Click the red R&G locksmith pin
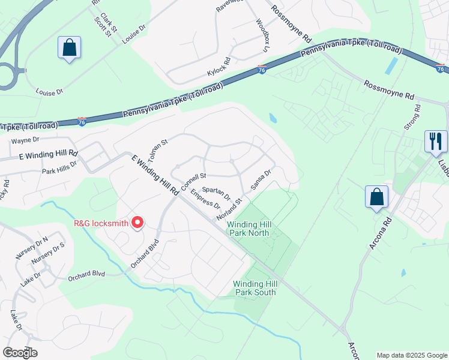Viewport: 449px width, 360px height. click(x=137, y=223)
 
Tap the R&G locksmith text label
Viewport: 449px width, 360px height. click(x=101, y=223)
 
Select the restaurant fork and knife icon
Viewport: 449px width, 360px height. click(x=436, y=142)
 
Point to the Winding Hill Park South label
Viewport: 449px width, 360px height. click(x=255, y=288)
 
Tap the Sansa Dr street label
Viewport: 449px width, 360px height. click(x=262, y=179)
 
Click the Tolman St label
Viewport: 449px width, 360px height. click(x=157, y=151)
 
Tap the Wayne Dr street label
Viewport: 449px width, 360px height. click(x=25, y=140)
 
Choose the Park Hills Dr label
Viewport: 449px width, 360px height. click(x=59, y=167)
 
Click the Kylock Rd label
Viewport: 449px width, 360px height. click(x=219, y=67)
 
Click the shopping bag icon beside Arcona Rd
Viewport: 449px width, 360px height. click(x=376, y=196)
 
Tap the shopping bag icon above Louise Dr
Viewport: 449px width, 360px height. click(x=69, y=47)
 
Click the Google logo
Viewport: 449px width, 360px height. click(x=20, y=353)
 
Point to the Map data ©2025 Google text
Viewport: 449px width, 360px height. click(x=411, y=355)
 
